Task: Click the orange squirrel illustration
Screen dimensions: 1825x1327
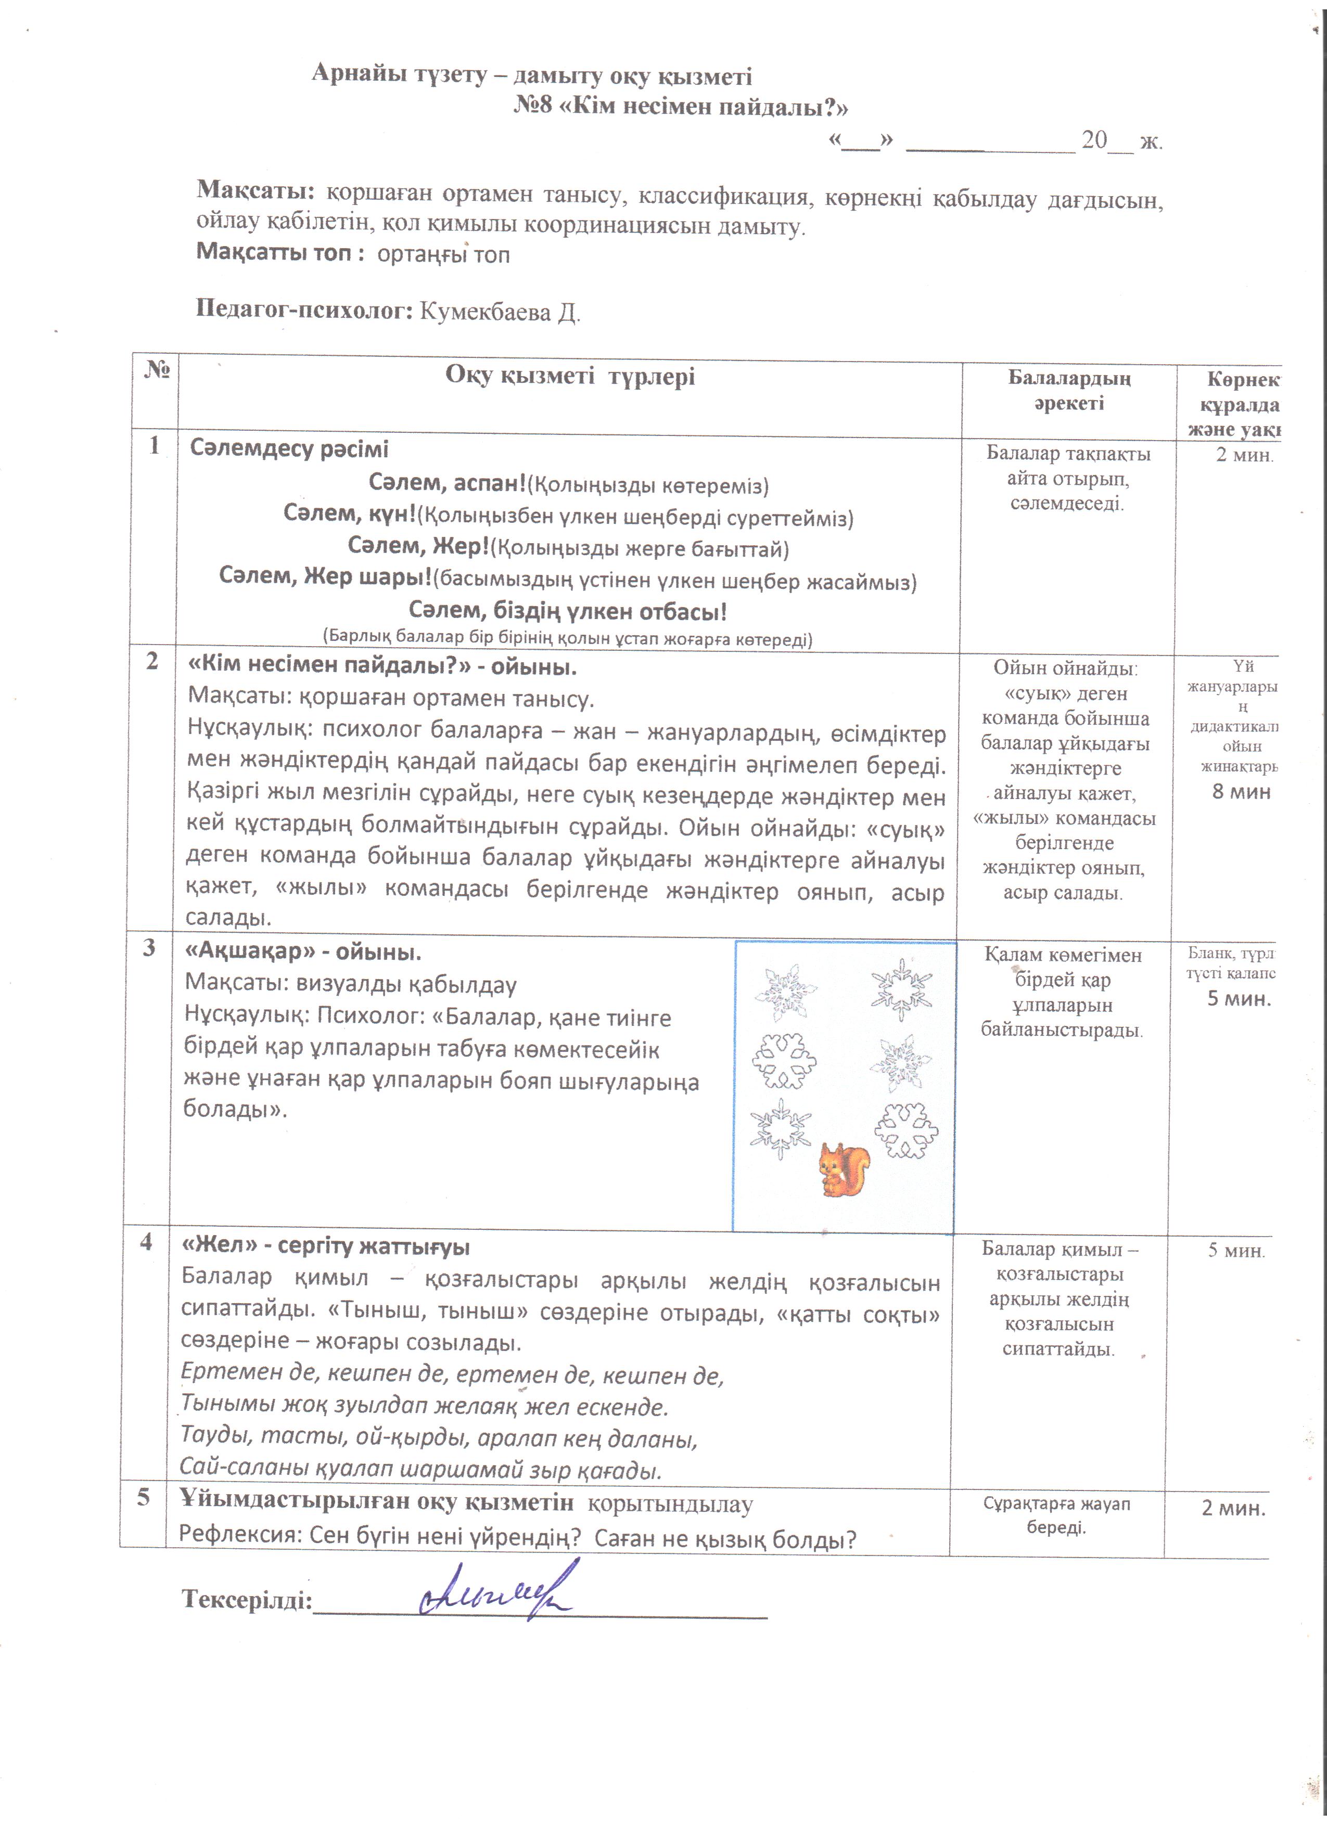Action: click(x=844, y=1169)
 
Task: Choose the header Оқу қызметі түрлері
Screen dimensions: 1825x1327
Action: click(x=570, y=376)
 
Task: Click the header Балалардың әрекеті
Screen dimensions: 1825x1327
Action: click(x=1069, y=390)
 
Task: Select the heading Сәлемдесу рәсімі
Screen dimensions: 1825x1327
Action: click(x=289, y=449)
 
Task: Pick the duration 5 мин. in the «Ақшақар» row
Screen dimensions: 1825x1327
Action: click(x=1239, y=999)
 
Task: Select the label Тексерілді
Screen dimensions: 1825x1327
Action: click(x=246, y=1599)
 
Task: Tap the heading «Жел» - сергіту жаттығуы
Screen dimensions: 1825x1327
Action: click(x=326, y=1247)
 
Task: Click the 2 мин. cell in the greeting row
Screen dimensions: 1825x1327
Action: click(x=1244, y=455)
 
